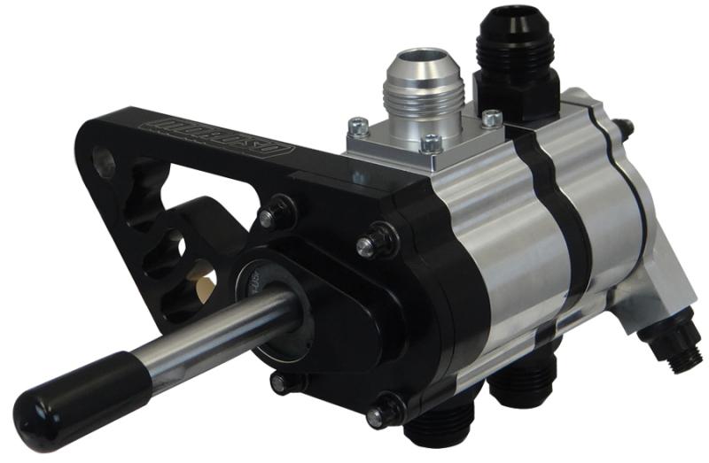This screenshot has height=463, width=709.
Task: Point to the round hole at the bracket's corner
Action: pos(105,162)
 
